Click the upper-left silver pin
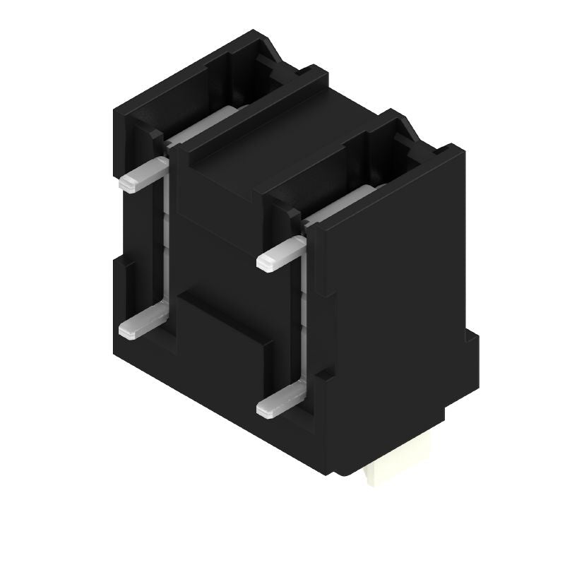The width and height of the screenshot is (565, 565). pos(145,175)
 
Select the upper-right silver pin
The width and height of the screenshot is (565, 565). pos(282,254)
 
